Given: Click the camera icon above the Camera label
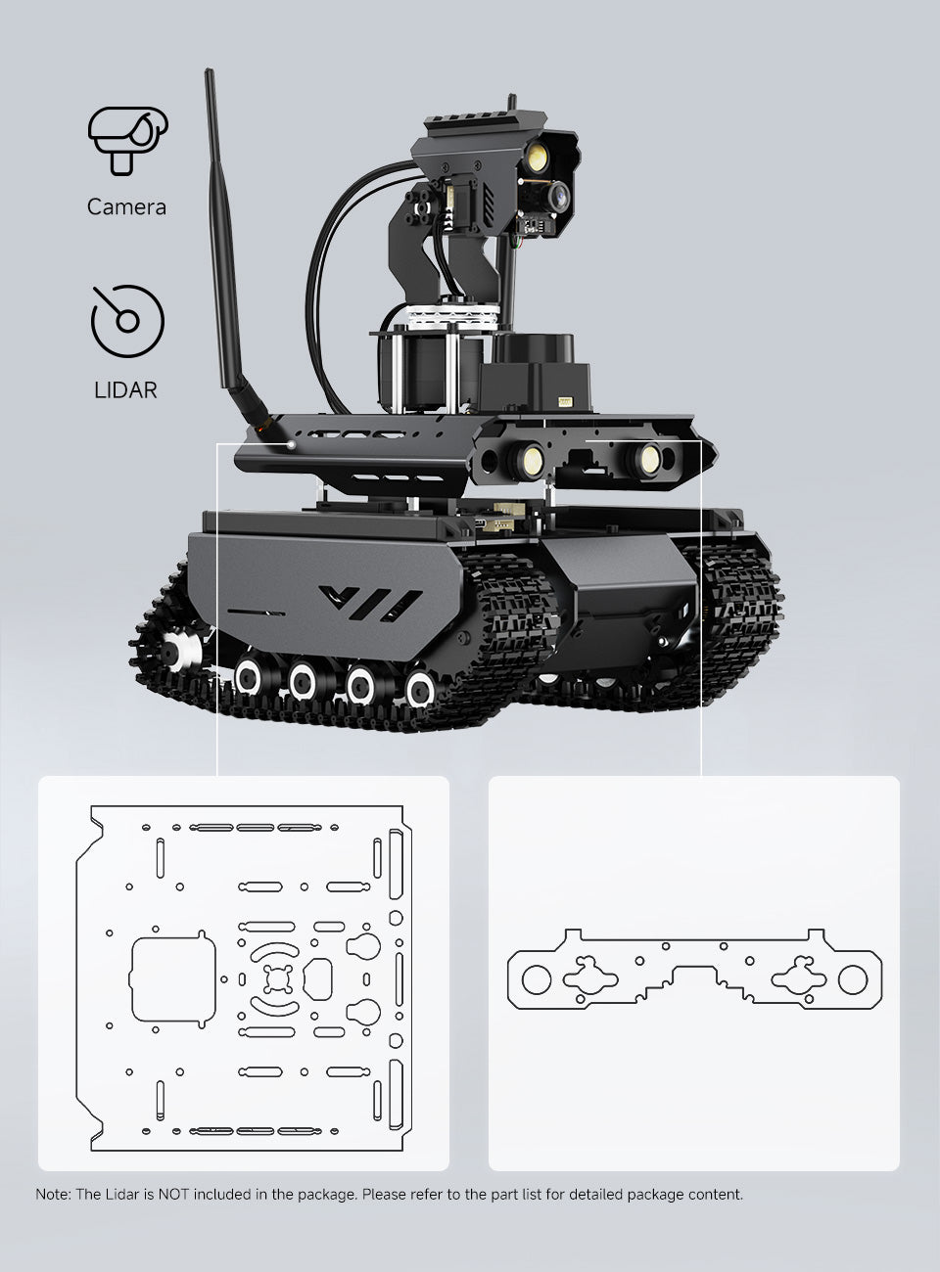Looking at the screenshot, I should coord(127,140).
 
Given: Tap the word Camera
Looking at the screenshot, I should coord(126,207).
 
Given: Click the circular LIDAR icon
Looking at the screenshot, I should coord(127,320).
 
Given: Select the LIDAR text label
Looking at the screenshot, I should coord(125,389).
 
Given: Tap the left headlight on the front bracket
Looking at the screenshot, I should coord(531,457).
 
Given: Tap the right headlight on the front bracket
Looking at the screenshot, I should coord(646,458).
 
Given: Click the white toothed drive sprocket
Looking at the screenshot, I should coord(176,650).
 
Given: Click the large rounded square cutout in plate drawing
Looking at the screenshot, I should coord(172,978).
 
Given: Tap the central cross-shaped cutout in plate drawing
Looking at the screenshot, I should coord(278,978).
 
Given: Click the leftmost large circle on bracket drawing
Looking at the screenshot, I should coord(537,978).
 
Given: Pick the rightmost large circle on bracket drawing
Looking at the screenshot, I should coord(852,978).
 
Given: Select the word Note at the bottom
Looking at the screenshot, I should coord(52,1194).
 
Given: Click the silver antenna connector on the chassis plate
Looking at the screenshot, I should coord(291,444).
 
